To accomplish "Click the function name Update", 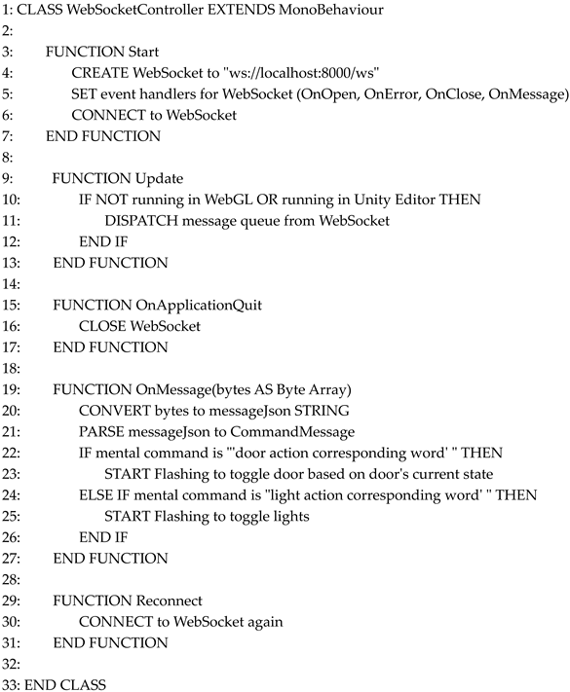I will click(x=158, y=178).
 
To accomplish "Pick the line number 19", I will click(x=10, y=389).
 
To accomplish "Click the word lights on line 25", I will click(x=288, y=516).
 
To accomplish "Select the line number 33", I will click(x=10, y=684).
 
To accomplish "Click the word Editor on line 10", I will click(x=412, y=200).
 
